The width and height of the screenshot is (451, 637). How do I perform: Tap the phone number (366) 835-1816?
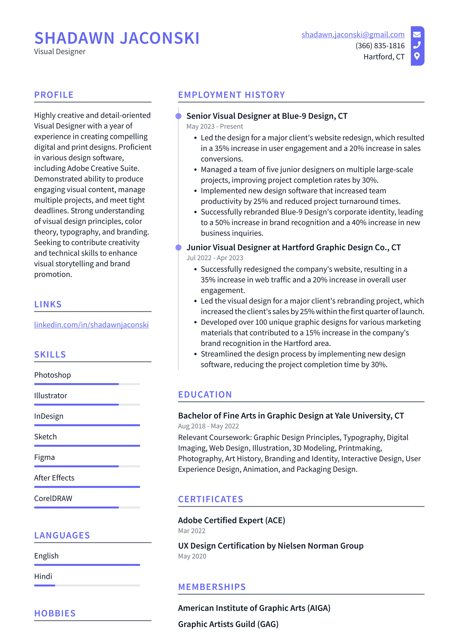click(x=380, y=46)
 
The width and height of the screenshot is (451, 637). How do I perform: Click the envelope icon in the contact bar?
click(x=417, y=35)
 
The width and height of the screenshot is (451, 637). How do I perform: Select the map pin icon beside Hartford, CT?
click(x=417, y=56)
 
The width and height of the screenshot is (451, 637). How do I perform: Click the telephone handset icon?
click(x=417, y=45)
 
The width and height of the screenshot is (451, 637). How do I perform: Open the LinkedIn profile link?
click(x=91, y=325)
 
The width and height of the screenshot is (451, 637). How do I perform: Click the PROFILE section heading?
click(x=54, y=95)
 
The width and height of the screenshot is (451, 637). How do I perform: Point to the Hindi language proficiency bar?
click(x=87, y=585)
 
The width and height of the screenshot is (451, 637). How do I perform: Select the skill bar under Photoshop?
click(x=87, y=384)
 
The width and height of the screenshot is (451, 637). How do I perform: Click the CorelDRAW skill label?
click(x=53, y=498)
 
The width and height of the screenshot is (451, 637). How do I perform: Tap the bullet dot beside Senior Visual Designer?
click(x=179, y=116)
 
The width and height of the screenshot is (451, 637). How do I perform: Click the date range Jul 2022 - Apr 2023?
click(x=215, y=258)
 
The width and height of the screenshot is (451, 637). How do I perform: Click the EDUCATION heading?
click(x=205, y=395)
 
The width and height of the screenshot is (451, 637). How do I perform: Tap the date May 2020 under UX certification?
click(x=192, y=556)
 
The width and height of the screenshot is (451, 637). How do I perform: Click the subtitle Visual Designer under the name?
click(x=60, y=52)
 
